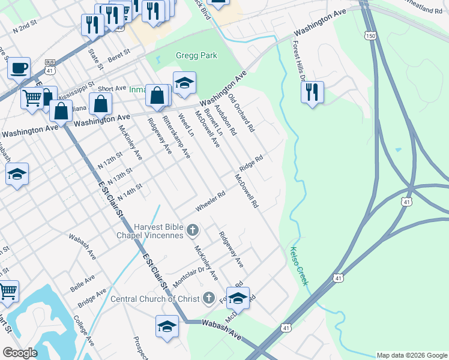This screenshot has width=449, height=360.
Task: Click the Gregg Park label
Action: click(x=196, y=56)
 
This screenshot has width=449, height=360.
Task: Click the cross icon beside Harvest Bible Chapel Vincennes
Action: click(x=193, y=230)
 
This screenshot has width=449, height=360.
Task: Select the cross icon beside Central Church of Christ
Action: click(x=208, y=298)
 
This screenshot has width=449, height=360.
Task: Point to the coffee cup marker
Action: click(x=19, y=67)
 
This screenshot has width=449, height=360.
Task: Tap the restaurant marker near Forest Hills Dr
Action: click(x=312, y=92)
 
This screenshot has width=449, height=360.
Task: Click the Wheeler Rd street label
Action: click(x=210, y=202)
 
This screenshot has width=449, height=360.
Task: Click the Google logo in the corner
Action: click(x=20, y=353)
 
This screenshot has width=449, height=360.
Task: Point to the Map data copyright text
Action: click(x=412, y=355)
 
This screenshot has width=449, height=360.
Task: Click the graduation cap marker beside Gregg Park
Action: click(x=185, y=82)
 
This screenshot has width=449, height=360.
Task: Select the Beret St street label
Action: click(x=119, y=56)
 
